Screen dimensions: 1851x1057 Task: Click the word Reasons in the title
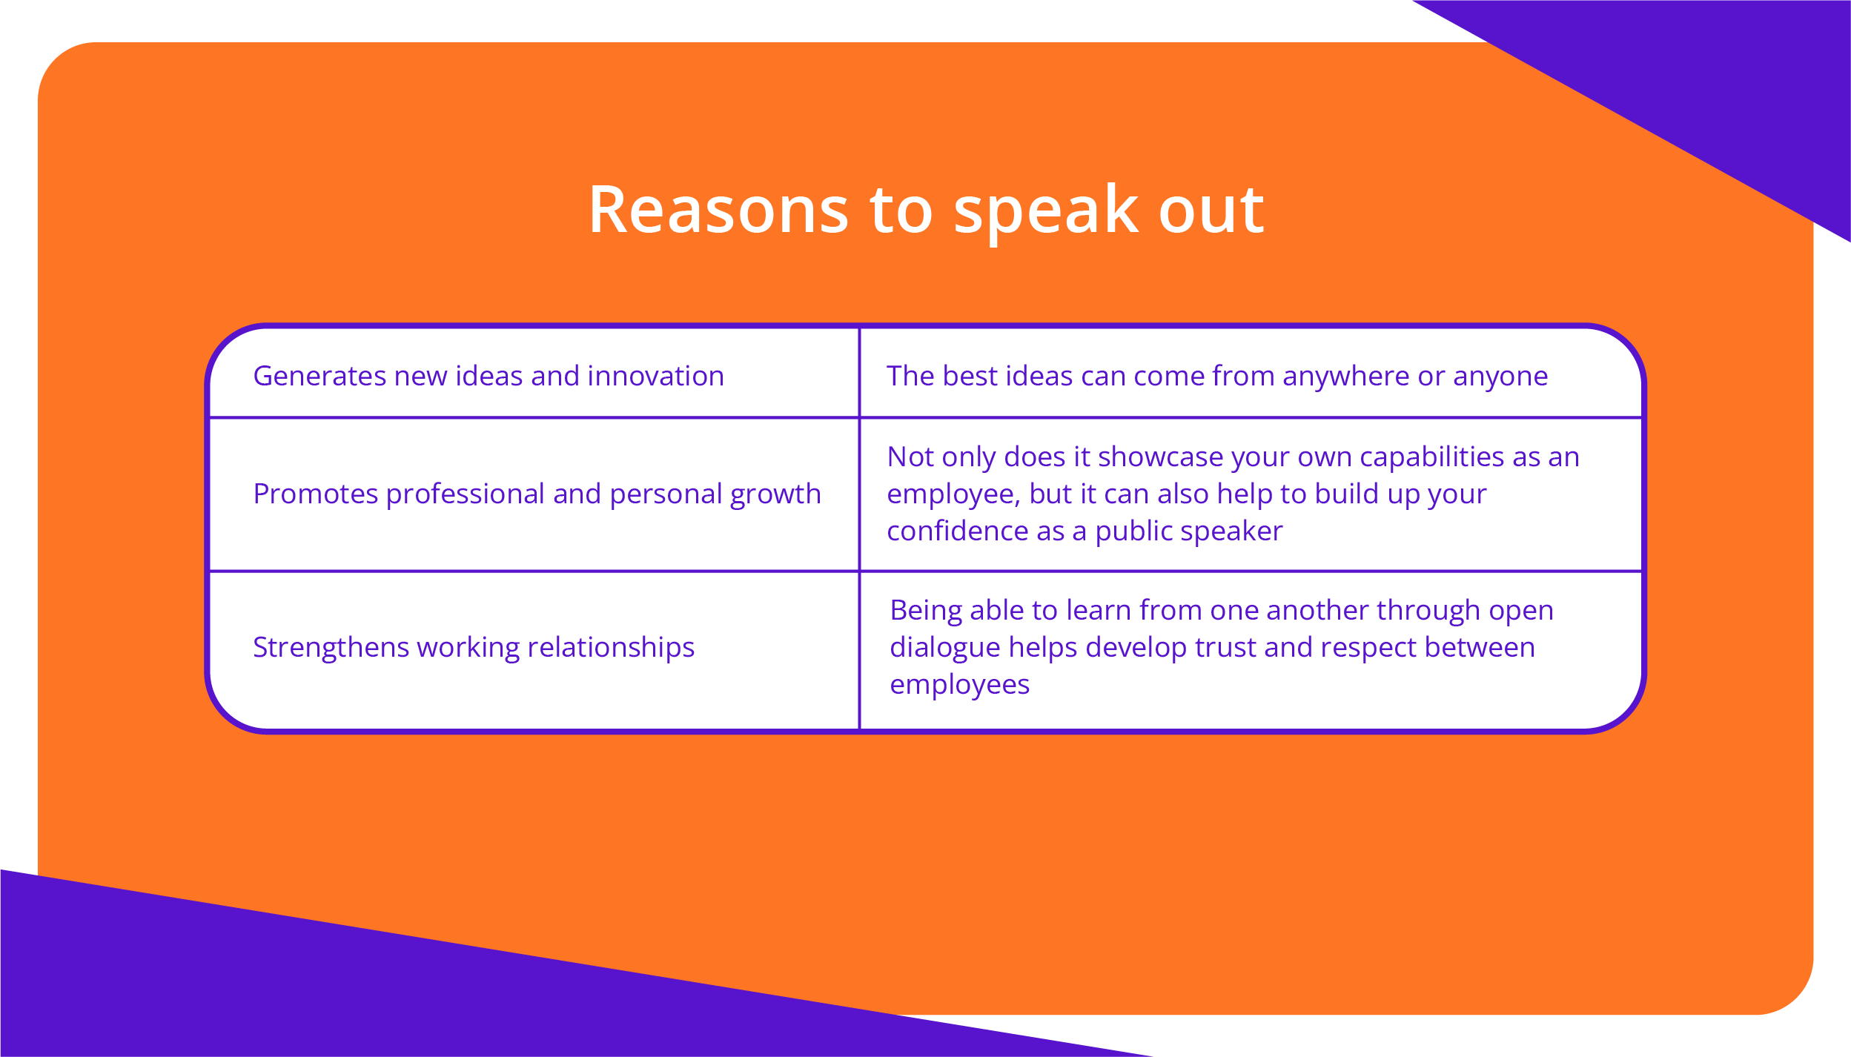coord(718,211)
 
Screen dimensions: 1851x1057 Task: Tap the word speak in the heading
coord(1045,213)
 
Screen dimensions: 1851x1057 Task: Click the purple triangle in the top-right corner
coord(1705,82)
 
